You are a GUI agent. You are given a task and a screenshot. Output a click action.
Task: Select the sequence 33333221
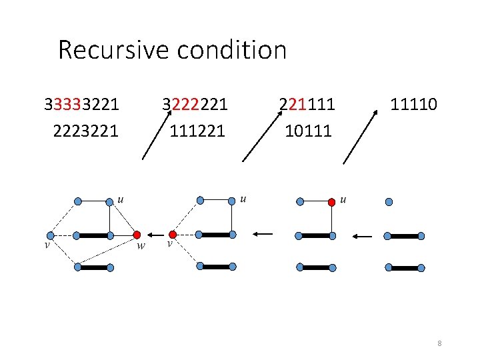point(82,105)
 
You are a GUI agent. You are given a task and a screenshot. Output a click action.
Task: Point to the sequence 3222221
point(195,105)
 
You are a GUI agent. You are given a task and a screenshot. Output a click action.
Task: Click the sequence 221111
point(307,105)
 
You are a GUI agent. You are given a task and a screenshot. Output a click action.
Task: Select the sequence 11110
point(413,105)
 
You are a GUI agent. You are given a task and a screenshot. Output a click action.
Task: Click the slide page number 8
point(440,343)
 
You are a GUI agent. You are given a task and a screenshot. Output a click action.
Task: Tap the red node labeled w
point(137,235)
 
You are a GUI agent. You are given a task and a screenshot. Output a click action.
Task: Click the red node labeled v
point(173,235)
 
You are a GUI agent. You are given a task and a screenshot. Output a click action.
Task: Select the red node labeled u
point(331,201)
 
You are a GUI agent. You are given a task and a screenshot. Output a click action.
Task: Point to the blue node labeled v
point(49,235)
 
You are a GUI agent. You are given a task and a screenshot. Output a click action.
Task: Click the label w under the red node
point(141,246)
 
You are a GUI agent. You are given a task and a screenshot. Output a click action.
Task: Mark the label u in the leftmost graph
point(121,198)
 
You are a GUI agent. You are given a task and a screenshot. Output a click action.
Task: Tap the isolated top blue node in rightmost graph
point(389,201)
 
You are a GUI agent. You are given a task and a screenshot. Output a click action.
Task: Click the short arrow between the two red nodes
point(155,235)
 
